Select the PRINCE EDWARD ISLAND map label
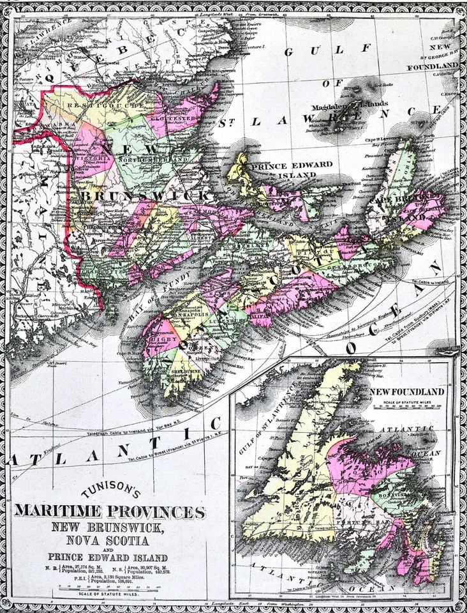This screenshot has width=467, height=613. (292, 169)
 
